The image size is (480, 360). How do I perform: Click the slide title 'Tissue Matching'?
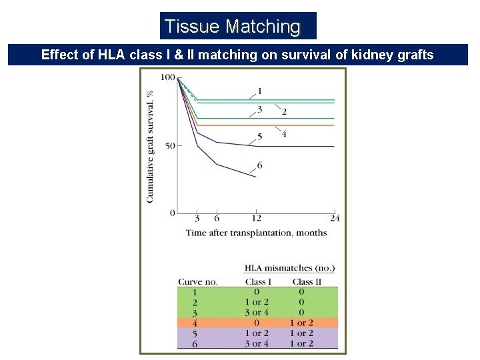(x=233, y=27)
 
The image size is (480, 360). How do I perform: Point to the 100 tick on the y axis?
(x=167, y=77)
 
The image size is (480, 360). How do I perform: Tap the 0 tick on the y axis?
(x=172, y=213)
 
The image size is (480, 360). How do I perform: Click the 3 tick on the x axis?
(x=197, y=219)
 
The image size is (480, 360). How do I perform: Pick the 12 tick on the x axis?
(x=257, y=219)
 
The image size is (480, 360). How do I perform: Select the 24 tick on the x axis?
(x=334, y=219)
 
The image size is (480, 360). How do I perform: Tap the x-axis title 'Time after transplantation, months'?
(x=256, y=233)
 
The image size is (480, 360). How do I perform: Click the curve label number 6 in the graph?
(x=259, y=165)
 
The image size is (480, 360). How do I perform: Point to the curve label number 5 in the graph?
(x=260, y=137)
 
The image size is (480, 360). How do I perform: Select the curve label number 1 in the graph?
(x=259, y=91)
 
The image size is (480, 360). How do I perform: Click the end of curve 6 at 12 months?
(x=256, y=177)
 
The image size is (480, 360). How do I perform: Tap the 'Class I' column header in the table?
(x=258, y=282)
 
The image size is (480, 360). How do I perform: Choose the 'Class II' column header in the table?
(x=307, y=282)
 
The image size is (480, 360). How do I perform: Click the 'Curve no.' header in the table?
(x=198, y=282)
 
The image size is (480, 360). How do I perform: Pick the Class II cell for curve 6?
(x=301, y=343)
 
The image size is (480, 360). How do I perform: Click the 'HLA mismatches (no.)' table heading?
(x=289, y=268)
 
